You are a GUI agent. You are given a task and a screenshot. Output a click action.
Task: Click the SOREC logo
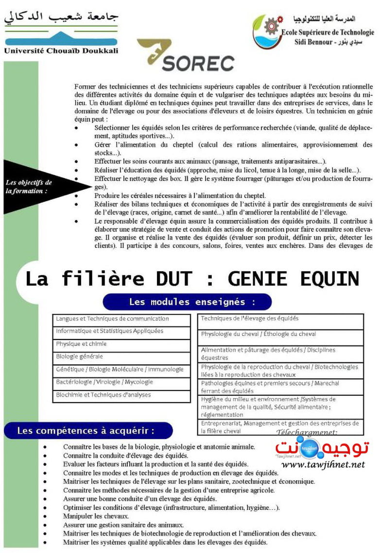click(186, 56)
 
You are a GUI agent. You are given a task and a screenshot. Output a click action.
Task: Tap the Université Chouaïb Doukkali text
click(61, 50)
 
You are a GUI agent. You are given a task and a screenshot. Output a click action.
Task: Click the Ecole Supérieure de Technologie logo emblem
click(266, 31)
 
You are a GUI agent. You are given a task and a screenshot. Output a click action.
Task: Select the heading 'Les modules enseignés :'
click(187, 302)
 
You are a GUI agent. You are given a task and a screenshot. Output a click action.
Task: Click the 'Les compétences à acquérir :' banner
click(88, 430)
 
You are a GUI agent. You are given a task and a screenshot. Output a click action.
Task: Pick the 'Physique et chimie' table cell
click(121, 344)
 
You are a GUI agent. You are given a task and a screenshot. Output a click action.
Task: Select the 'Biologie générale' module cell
click(121, 357)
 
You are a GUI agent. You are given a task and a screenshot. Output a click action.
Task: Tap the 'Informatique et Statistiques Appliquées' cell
click(121, 331)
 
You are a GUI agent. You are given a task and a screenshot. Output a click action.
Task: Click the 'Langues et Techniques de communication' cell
click(121, 319)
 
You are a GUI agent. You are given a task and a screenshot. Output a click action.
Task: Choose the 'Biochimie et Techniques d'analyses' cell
click(121, 395)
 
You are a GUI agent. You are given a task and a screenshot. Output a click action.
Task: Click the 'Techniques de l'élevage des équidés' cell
click(280, 321)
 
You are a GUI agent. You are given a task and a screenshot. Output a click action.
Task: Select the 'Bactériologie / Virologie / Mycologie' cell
click(121, 382)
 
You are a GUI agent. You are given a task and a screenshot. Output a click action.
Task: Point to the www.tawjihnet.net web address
click(323, 465)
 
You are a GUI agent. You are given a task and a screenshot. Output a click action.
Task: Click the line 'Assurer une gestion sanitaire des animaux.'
click(123, 525)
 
